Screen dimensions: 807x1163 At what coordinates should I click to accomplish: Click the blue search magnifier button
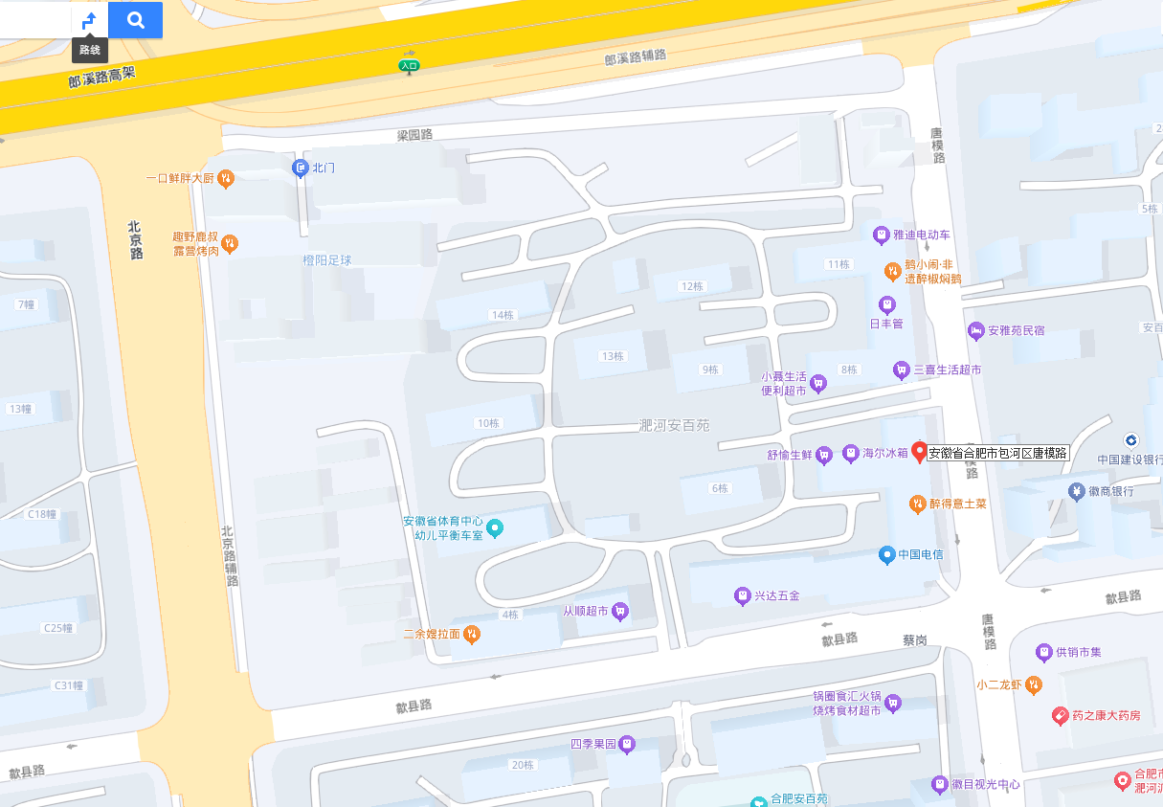135,20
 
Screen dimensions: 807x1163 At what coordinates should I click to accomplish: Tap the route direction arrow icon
89,20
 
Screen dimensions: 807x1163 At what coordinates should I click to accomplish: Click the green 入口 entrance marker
410,66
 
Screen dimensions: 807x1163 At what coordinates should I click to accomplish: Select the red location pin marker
920,452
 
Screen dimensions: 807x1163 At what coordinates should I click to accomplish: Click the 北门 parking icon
300,168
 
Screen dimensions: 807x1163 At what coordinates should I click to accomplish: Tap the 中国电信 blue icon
887,554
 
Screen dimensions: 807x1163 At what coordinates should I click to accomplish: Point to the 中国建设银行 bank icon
1131,439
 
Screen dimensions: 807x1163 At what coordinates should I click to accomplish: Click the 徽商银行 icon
1077,491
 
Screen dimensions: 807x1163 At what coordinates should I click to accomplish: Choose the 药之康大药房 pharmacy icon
1060,715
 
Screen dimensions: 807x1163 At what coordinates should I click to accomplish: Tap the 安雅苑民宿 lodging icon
976,331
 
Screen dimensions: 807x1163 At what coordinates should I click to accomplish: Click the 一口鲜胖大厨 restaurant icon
225,177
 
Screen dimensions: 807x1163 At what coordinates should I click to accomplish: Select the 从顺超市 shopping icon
620,611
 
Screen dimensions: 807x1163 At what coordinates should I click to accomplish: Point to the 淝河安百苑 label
674,425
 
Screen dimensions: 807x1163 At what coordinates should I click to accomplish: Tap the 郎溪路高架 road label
102,77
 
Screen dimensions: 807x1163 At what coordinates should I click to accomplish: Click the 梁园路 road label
415,135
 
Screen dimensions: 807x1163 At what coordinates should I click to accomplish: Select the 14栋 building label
503,315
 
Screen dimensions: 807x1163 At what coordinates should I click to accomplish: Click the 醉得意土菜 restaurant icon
917,503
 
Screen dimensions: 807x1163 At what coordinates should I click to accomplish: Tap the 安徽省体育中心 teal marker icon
495,527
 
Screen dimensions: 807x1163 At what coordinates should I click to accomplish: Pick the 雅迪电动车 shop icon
882,235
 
